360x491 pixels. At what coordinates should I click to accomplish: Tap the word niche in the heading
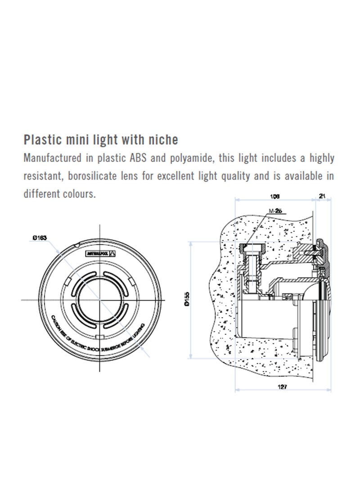pos(163,140)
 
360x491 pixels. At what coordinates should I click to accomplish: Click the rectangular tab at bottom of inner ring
pos(98,337)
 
